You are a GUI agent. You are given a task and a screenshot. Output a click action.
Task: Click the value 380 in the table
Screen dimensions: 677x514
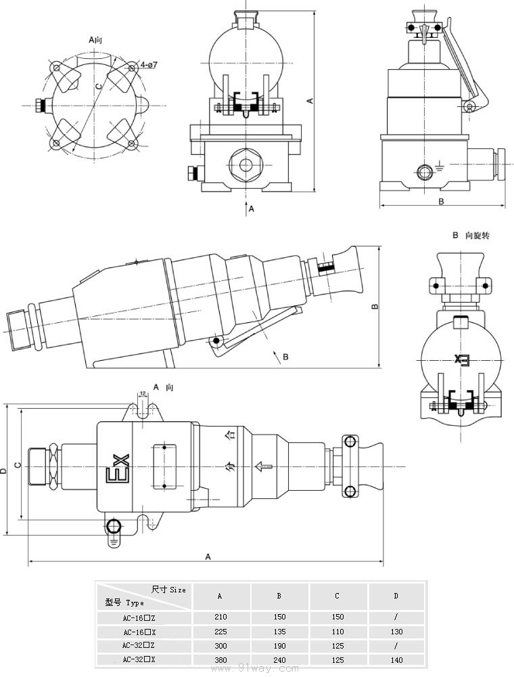(x=220, y=659)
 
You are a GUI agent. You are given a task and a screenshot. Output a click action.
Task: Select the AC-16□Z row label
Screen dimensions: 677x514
(x=139, y=617)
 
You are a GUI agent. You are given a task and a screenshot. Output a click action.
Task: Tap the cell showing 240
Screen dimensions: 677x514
(x=279, y=659)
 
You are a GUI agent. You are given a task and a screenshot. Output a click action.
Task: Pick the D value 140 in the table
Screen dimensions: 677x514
(x=396, y=659)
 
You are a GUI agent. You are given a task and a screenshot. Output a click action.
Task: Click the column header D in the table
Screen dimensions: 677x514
(x=396, y=596)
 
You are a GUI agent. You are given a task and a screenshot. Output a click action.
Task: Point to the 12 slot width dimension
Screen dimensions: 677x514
(x=143, y=393)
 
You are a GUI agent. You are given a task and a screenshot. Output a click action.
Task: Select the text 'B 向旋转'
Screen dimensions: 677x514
(x=471, y=236)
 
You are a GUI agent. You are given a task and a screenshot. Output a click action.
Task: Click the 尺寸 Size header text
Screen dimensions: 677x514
(x=168, y=590)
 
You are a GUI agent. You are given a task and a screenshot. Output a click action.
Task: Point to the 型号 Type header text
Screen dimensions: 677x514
(x=124, y=603)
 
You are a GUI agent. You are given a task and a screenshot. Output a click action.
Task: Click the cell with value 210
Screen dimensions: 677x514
(x=220, y=617)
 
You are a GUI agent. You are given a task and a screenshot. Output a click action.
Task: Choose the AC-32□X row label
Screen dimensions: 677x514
(x=139, y=659)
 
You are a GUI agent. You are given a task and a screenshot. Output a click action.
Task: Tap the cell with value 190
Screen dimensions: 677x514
(x=279, y=646)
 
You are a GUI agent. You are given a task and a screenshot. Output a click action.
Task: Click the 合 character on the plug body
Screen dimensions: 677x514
(x=232, y=435)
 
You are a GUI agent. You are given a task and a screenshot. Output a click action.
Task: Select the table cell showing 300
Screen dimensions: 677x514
(x=220, y=646)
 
